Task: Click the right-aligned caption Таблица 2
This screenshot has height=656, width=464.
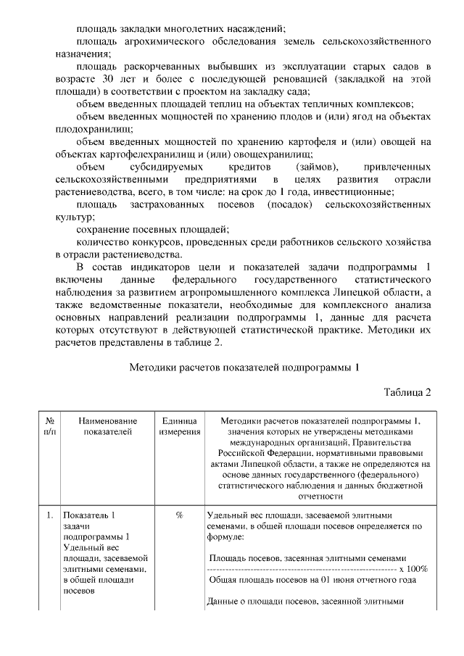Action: coord(407,392)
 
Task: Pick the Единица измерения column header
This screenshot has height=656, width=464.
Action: coord(179,425)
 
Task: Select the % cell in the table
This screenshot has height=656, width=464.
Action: coord(179,515)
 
